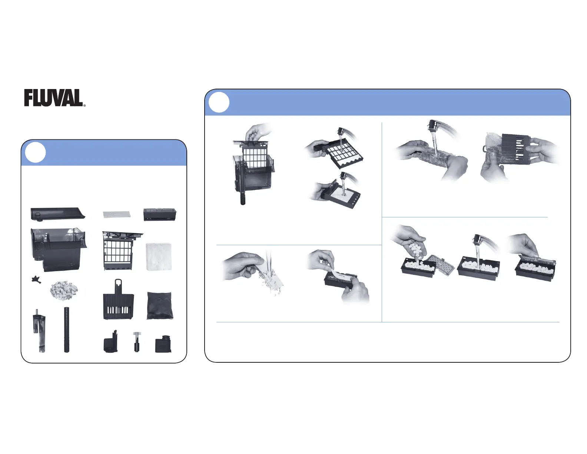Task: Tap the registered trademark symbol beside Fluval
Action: coord(84,105)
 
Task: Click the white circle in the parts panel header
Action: coord(35,152)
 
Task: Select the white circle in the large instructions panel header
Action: coord(219,102)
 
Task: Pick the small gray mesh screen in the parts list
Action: coord(117,214)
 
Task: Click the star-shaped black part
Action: coord(36,280)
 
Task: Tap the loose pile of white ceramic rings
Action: coord(64,291)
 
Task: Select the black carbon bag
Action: coord(160,306)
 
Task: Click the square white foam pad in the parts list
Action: coord(159,257)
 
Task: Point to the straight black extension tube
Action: coord(66,330)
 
